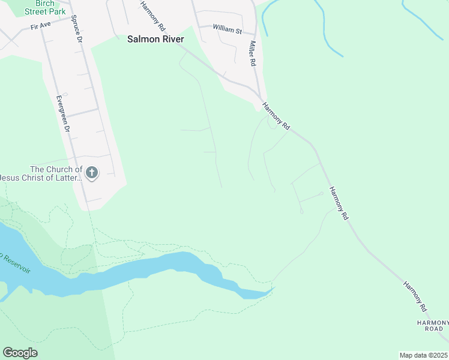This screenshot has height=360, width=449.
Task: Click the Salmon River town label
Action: pos(155,39)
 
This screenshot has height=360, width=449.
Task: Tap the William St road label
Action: pos(228,29)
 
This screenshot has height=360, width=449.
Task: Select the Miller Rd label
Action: pos(253,54)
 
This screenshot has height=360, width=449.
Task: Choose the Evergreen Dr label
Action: pos(63,113)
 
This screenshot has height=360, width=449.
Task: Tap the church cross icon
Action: pos(92,173)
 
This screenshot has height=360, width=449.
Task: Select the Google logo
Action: pos(20,353)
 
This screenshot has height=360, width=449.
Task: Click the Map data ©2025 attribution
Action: pos(423,355)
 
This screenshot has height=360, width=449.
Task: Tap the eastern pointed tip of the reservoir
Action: pos(274,289)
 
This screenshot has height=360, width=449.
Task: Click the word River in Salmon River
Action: pos(170,39)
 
